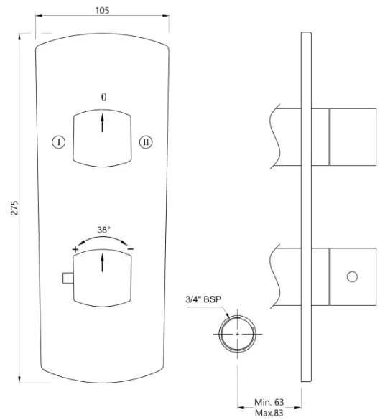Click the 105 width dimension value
102,11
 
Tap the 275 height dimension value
14,207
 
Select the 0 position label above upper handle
103,97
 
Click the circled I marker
58,142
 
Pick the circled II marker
146,142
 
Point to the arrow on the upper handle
102,123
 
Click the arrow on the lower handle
102,263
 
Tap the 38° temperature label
103,230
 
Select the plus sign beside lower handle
75,249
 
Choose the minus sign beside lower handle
131,249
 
